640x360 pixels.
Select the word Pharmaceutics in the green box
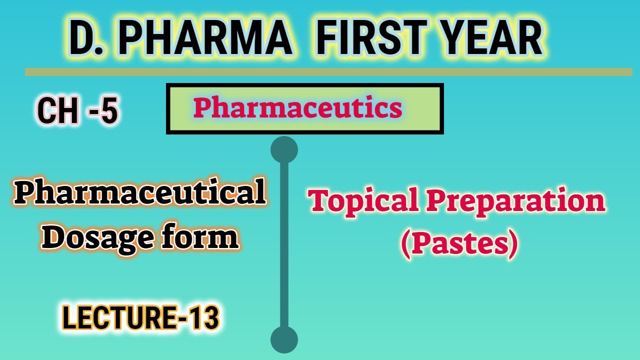click(x=298, y=108)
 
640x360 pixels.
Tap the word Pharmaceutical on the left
click(x=139, y=194)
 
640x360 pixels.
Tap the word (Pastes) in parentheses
click(x=458, y=244)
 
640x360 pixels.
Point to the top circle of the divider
click(x=284, y=149)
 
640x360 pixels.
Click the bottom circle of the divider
click(x=284, y=340)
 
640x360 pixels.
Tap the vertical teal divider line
click(x=284, y=245)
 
